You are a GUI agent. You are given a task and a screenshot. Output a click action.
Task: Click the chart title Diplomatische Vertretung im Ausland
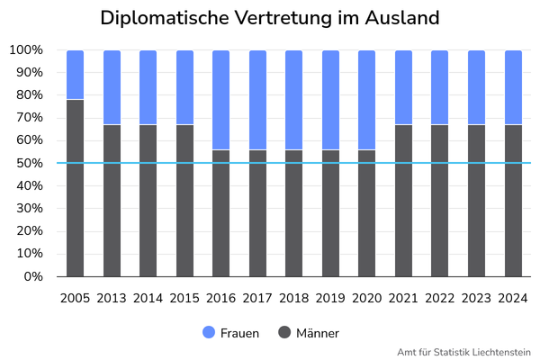[270, 18]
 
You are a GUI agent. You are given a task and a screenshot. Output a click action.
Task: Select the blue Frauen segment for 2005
[76, 75]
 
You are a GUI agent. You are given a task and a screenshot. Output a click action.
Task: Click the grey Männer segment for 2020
[367, 212]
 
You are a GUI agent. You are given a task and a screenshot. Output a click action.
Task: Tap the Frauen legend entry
[231, 333]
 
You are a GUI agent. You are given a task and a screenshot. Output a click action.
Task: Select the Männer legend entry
[310, 333]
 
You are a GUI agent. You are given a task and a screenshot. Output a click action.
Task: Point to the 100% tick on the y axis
[26, 49]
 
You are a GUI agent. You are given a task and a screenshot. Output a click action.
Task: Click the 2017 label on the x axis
[257, 297]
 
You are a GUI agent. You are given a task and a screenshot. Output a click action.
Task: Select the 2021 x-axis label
[403, 297]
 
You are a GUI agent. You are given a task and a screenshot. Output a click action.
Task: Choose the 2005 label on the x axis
[76, 297]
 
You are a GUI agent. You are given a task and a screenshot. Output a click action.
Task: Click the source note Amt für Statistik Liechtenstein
[463, 352]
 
